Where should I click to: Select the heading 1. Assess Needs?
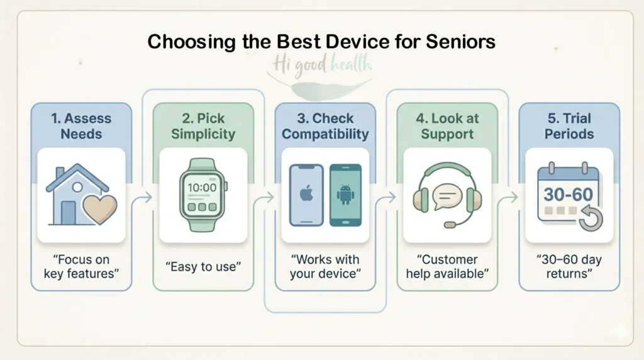81,126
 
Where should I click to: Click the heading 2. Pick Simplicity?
203,126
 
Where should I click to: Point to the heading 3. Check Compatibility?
325,126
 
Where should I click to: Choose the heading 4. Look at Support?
447,126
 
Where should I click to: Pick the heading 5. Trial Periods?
569,126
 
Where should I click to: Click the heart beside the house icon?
100,208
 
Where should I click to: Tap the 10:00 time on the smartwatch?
203,188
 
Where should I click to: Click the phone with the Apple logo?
306,194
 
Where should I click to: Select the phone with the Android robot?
345,194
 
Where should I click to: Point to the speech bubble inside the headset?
447,194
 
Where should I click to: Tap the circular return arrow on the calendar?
589,218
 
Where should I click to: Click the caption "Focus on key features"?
81,267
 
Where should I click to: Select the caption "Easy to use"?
203,267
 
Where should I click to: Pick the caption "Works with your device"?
325,267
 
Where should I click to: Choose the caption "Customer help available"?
447,267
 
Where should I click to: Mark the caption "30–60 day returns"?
569,267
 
